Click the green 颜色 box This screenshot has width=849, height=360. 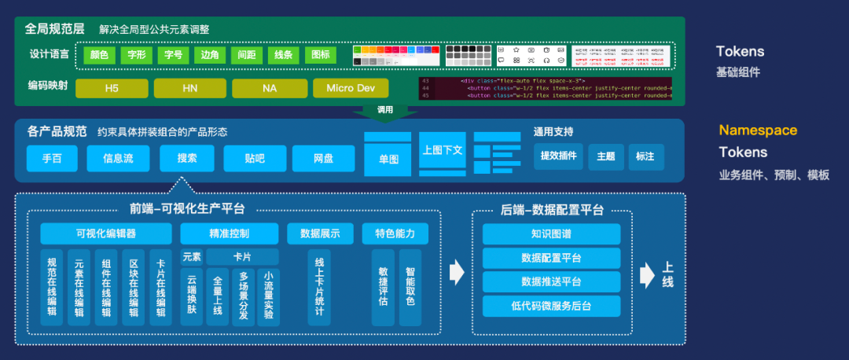tap(99, 56)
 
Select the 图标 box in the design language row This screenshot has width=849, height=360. tap(321, 56)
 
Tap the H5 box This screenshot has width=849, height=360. tap(111, 88)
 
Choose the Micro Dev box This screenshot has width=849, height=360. tap(351, 88)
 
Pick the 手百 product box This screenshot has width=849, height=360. tap(53, 158)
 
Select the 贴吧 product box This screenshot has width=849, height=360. tap(254, 158)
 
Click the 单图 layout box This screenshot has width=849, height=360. tap(388, 160)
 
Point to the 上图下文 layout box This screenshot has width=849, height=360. tap(442, 150)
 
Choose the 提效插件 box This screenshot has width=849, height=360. tap(559, 156)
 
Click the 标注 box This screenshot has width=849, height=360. tap(645, 156)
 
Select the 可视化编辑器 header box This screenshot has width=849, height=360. tap(106, 233)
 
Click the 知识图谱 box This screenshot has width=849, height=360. tap(550, 233)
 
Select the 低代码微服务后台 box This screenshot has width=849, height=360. tap(550, 306)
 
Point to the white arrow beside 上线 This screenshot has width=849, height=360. tap(647, 274)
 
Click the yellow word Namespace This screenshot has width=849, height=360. tap(758, 130)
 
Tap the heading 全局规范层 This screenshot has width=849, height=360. tap(55, 28)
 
